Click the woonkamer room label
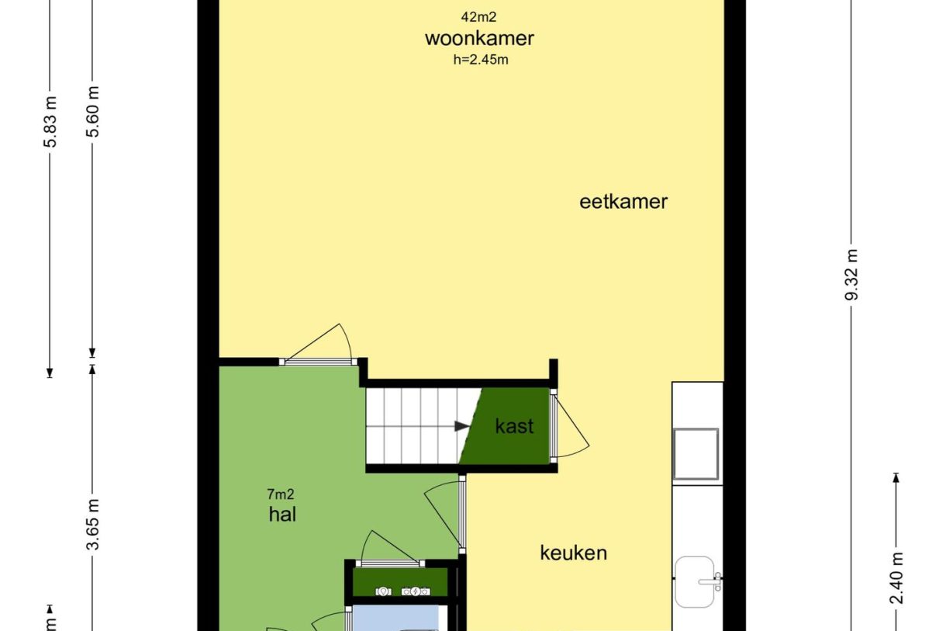point(479,38)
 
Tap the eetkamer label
point(623,202)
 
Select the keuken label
point(573,553)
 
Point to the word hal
point(283,514)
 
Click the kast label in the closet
point(514,426)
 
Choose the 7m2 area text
point(280,494)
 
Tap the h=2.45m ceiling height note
point(481,60)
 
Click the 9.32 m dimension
point(852,274)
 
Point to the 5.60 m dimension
point(93,111)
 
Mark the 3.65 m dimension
point(93,524)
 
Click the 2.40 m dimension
point(896,577)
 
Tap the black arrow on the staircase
point(461,426)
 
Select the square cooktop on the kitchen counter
point(696,453)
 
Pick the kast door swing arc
point(572,427)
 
